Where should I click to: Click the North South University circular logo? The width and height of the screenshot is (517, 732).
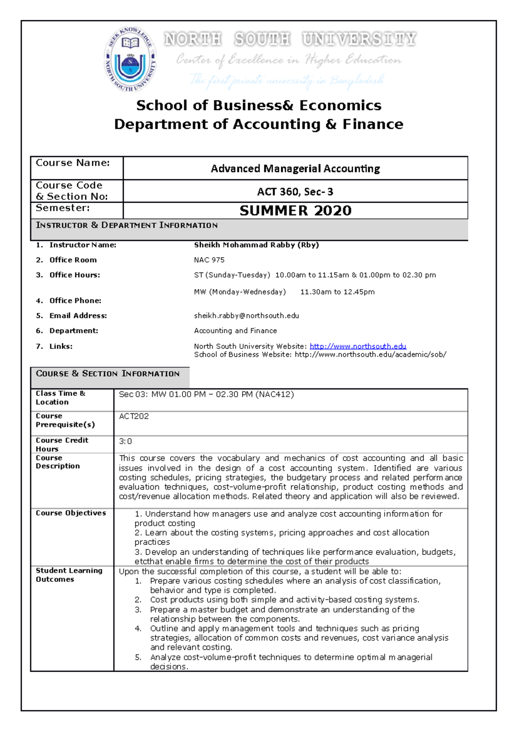[130, 59]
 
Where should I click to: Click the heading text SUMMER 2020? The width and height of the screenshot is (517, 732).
[296, 210]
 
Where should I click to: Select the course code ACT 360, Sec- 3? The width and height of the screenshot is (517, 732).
[295, 192]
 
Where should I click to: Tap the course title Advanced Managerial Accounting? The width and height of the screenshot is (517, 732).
[295, 169]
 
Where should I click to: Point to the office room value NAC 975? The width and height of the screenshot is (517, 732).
[209, 260]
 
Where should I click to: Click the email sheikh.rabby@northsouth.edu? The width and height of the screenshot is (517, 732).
[246, 316]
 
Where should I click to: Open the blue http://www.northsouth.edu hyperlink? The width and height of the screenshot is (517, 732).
[358, 346]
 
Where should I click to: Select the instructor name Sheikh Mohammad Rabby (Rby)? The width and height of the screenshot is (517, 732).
[256, 245]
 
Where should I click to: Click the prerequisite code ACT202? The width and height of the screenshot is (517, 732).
[134, 416]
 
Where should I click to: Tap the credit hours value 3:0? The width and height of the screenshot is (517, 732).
[125, 441]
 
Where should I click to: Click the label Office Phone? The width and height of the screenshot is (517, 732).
[75, 300]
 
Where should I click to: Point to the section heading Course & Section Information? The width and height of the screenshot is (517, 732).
[108, 374]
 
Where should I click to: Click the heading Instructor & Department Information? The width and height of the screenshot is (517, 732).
[127, 225]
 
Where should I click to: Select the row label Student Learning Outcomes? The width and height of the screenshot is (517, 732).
[69, 575]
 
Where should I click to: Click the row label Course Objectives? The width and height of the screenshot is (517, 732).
[71, 513]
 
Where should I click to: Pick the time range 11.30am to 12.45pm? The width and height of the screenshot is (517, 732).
[337, 292]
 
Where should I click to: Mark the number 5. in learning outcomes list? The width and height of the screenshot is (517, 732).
[138, 657]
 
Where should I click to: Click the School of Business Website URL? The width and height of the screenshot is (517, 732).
[370, 354]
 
